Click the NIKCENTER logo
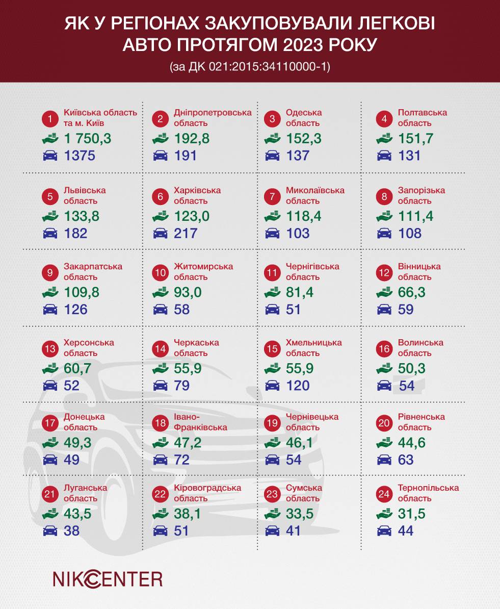pos(108,579)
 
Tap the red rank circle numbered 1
pos(50,119)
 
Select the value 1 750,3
pos(88,139)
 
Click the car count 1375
pos(80,156)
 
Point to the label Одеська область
pos(304,118)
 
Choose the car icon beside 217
pos(161,234)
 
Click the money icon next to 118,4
pos(272,216)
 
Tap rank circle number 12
pos(384,273)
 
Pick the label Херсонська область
pos(89,348)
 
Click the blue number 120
pos(298,385)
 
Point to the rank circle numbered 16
pos(384,349)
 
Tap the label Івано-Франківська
pos(200,422)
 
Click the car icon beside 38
pos(50,531)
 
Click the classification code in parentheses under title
pos(250,67)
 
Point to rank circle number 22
pos(161,494)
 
